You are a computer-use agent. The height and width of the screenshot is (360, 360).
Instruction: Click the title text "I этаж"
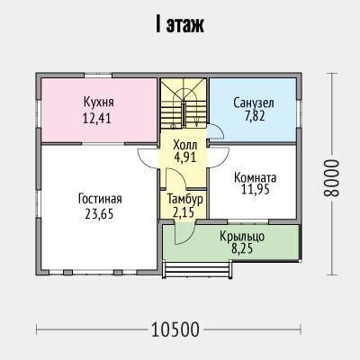[x=180, y=25]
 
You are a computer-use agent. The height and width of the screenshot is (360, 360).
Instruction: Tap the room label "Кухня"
[x=99, y=103]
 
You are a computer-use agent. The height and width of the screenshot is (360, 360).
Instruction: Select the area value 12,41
[x=97, y=118]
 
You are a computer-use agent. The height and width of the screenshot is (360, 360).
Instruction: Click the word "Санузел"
[x=254, y=103]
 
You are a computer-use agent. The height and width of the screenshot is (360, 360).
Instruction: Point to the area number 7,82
[x=255, y=116]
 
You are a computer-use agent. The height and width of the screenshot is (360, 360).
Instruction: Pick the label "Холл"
[x=185, y=145]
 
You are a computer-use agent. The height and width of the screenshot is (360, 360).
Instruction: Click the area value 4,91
[x=185, y=157]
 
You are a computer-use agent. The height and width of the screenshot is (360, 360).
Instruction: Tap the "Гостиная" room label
[x=100, y=199]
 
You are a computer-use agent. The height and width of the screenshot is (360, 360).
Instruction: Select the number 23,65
[x=99, y=214]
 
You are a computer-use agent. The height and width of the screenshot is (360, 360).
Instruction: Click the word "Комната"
[x=255, y=177]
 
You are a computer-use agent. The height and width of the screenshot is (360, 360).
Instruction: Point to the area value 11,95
[x=256, y=189]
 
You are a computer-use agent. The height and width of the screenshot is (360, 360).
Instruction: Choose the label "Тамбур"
[x=185, y=199]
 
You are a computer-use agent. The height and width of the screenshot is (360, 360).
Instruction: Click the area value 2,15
[x=184, y=212]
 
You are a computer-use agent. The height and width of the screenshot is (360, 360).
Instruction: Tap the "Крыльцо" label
[x=242, y=237]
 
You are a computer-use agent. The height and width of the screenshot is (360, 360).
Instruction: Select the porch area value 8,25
[x=242, y=248]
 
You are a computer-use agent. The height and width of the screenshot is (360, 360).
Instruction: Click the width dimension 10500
[x=175, y=329]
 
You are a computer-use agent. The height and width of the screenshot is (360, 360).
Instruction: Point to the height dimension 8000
[x=331, y=177]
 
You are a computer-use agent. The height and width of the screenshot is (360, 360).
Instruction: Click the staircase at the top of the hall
[x=184, y=103]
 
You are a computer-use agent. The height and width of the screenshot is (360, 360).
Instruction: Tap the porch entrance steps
[x=197, y=270]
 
